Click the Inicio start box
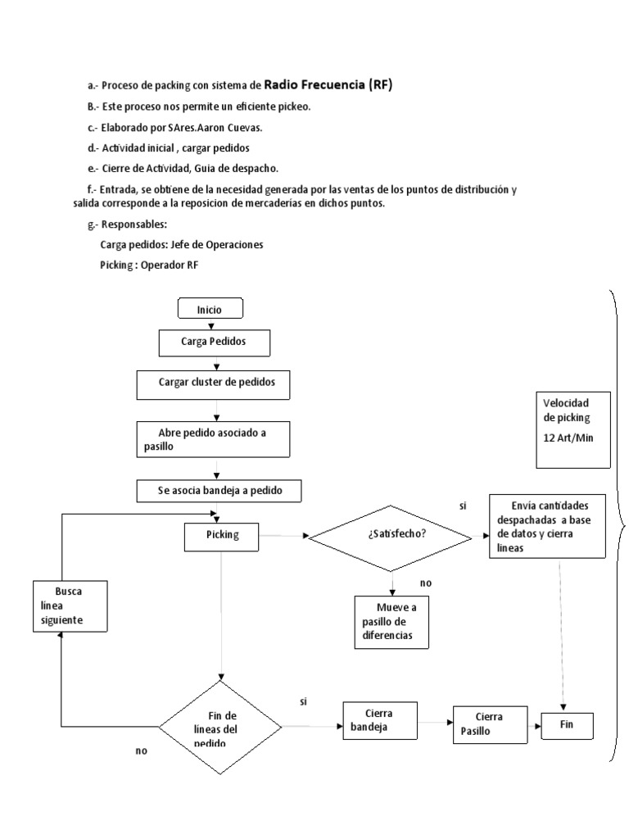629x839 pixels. (x=210, y=309)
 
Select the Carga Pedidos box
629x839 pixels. (x=214, y=342)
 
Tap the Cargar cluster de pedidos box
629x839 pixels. (x=212, y=382)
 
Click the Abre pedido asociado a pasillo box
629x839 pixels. (x=212, y=438)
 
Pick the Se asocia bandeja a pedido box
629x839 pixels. (x=218, y=490)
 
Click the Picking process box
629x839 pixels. (x=222, y=535)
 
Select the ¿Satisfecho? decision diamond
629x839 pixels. (x=391, y=536)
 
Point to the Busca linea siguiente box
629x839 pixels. (x=70, y=606)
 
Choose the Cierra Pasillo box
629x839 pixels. (x=488, y=723)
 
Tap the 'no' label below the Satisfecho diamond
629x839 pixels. (x=425, y=583)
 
